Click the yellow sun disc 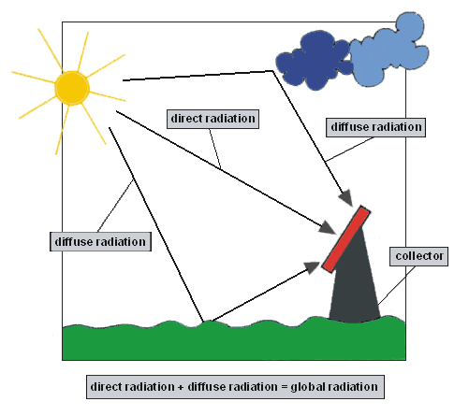pos(72,88)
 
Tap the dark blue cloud pos(314,64)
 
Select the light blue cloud pos(388,51)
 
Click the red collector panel pos(346,239)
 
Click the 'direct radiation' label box pos(213,119)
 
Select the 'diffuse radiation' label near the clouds pos(375,127)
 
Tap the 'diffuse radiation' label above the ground pos(100,241)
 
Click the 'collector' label pos(418,256)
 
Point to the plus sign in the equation pos(181,388)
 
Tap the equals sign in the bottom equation pos(284,387)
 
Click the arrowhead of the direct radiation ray pos(327,227)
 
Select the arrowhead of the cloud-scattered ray pos(346,197)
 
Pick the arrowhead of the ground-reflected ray pos(312,267)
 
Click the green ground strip pos(234,341)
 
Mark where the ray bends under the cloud pos(273,71)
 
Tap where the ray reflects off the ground pos(204,322)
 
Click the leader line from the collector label pos(397,285)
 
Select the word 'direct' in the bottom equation pos(105,387)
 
